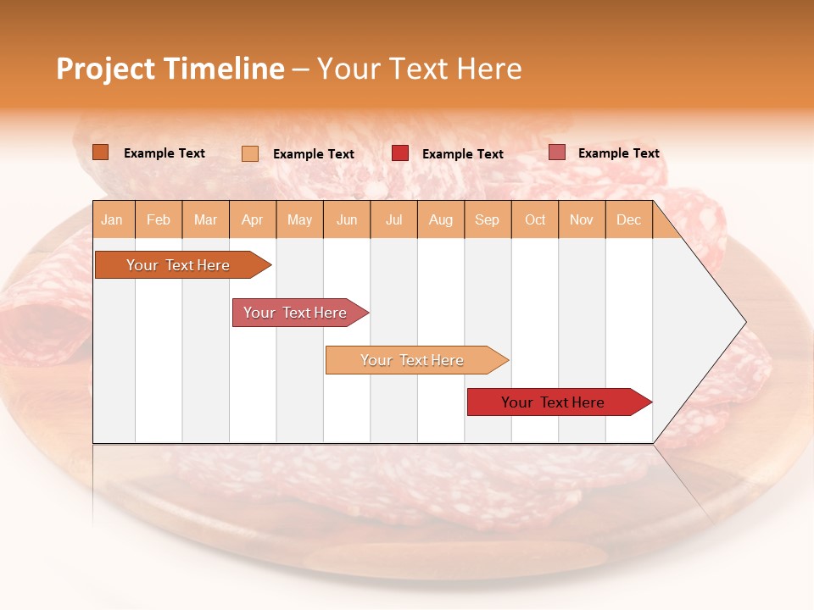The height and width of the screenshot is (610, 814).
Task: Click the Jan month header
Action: (x=112, y=219)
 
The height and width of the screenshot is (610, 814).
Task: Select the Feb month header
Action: (x=159, y=219)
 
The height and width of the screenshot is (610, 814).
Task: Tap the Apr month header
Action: (x=253, y=219)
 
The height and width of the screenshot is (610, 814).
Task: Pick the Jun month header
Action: (x=347, y=219)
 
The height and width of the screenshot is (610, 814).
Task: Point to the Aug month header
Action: (x=441, y=219)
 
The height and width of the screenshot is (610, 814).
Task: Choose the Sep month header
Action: (x=487, y=219)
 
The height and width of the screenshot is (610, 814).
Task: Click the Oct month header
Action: (x=535, y=219)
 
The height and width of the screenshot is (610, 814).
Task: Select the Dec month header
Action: (x=629, y=219)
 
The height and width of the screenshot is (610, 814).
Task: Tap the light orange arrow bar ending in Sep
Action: (x=413, y=360)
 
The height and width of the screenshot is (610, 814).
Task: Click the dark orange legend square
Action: (x=101, y=152)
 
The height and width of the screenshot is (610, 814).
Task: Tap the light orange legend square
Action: (x=250, y=153)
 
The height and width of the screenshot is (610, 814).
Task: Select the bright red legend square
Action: (x=400, y=153)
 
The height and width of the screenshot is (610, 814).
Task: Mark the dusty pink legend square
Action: (x=557, y=152)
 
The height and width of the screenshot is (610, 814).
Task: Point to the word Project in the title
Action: (x=106, y=69)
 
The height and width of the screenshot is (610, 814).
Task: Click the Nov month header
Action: (x=582, y=219)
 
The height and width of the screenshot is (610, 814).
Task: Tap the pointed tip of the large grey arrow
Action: (x=744, y=322)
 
